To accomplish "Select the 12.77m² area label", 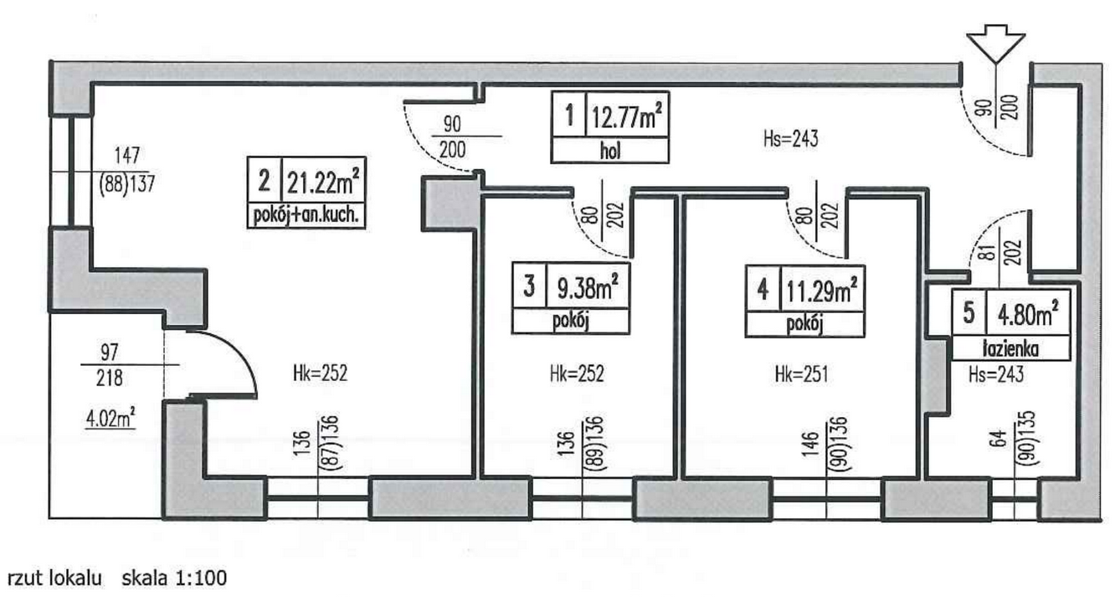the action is point(627,117).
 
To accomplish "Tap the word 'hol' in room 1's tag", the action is point(609,151).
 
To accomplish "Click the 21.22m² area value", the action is point(323,183).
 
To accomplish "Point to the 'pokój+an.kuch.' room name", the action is point(306,215).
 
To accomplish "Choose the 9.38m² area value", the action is point(588,287).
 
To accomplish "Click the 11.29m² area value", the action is point(822,290).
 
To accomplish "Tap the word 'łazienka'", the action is point(1011,349).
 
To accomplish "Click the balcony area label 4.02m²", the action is point(110,419).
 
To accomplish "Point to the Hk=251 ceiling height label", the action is point(801,374).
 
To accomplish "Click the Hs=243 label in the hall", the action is point(790,138).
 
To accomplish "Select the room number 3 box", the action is point(529,286).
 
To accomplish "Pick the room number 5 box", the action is point(969,312).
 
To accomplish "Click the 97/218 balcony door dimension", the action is point(110,365).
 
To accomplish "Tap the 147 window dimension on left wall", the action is point(127,156).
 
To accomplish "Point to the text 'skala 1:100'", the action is point(174,578).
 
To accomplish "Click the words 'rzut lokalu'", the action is point(54,578).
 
